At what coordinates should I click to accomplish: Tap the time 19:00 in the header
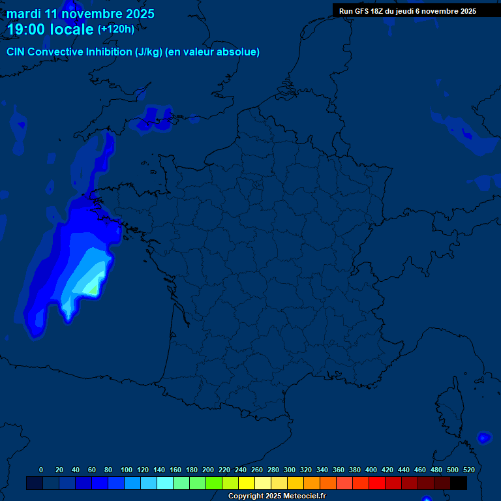(27, 29)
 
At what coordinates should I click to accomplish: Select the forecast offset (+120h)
(115, 29)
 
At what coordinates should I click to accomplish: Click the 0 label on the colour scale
(41, 470)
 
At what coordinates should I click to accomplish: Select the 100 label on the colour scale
(127, 470)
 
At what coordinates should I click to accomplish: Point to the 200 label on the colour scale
(208, 470)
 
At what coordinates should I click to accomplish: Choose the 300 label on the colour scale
(290, 470)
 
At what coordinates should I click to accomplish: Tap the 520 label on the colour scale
(468, 470)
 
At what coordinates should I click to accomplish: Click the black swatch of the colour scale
(459, 483)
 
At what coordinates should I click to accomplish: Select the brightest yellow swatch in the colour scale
(247, 483)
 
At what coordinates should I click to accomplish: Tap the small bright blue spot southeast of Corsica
(483, 438)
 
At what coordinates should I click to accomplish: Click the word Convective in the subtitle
(55, 52)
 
